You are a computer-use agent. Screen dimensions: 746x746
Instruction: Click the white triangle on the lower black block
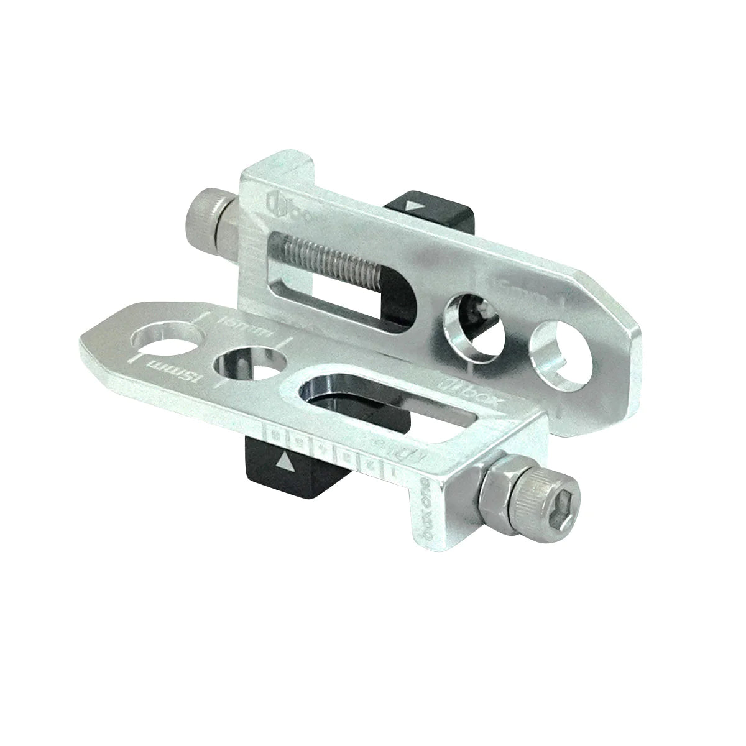click(285, 461)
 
